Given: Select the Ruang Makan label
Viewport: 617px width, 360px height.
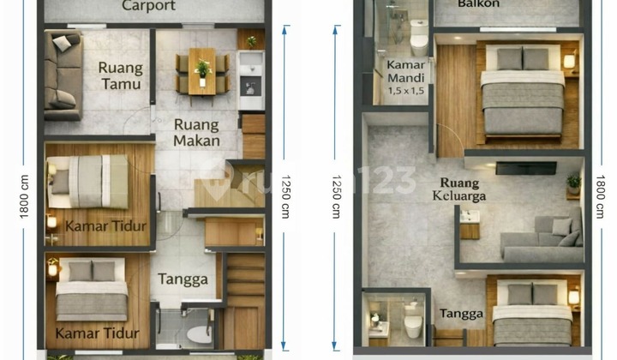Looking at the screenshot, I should [x=196, y=132].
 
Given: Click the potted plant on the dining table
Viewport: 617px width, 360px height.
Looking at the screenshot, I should [x=202, y=67].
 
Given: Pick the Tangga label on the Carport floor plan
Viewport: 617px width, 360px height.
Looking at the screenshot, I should [x=182, y=279].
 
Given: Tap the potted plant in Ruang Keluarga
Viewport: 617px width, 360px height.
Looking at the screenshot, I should [x=573, y=182].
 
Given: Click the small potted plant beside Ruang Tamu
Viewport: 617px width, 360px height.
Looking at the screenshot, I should [x=251, y=40].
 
